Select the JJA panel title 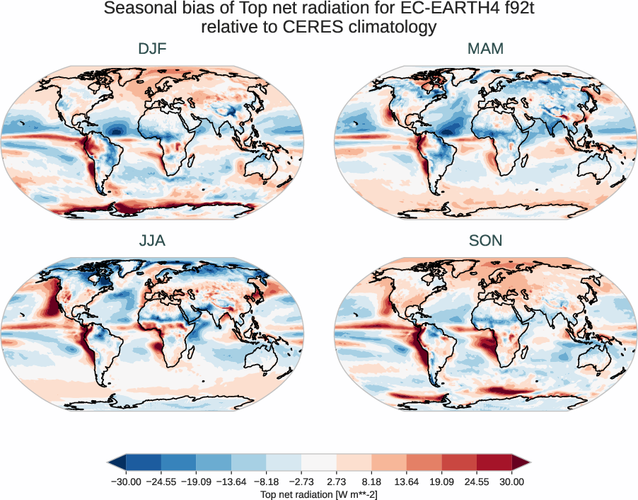tap(152, 241)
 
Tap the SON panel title tap(485, 241)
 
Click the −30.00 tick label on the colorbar tap(127, 482)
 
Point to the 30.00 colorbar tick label tap(512, 482)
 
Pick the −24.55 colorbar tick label tap(161, 482)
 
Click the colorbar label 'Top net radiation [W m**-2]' tap(319, 493)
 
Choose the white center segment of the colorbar tap(319, 462)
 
